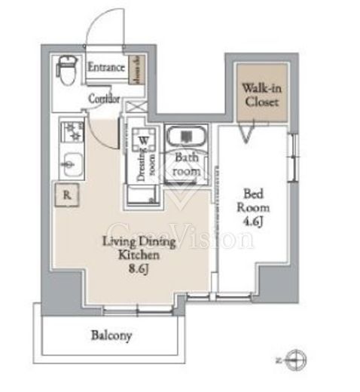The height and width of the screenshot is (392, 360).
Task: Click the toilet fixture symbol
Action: point(66,72)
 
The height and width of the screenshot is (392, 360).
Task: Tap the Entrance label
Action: point(105,68)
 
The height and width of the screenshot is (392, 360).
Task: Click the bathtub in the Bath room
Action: point(185,138)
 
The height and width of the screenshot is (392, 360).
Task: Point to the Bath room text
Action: point(187,164)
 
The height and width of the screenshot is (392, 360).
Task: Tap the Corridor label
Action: point(105,99)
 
